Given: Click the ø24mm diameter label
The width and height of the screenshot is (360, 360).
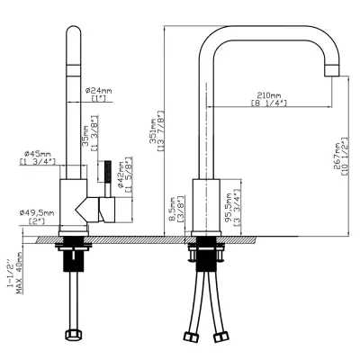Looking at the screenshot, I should [x=98, y=90].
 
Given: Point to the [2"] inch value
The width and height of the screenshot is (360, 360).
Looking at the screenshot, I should [x=37, y=221].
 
